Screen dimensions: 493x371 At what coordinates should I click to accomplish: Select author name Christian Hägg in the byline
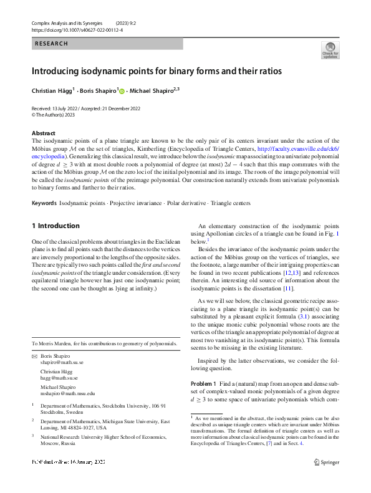[x=52, y=91]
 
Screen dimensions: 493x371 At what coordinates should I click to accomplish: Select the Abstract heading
[x=43, y=133]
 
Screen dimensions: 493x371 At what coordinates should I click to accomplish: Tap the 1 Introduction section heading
[x=55, y=226]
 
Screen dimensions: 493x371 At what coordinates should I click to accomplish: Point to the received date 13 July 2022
[x=68, y=108]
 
